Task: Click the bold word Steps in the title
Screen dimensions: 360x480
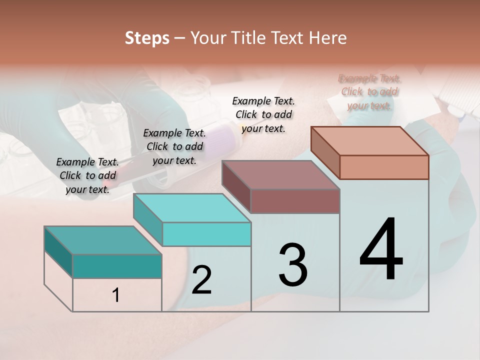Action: [x=147, y=38]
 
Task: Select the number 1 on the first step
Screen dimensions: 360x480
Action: [x=116, y=295]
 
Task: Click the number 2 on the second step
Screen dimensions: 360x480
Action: [x=201, y=280]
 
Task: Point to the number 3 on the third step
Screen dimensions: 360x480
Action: [x=293, y=264]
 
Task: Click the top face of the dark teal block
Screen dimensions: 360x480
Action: [x=102, y=240]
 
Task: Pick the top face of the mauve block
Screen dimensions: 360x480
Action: [x=280, y=175]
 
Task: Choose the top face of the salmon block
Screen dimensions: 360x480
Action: [x=369, y=141]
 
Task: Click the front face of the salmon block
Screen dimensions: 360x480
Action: [x=384, y=167]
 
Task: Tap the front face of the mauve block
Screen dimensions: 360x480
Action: [x=295, y=201]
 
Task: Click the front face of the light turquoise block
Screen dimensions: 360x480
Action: [x=206, y=234]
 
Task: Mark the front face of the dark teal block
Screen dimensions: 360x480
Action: [x=117, y=266]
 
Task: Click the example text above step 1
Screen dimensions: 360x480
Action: [x=87, y=175]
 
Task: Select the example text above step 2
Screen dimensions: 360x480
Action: [x=174, y=146]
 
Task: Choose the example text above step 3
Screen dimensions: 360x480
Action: [x=263, y=114]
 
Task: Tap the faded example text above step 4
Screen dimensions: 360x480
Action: [x=369, y=92]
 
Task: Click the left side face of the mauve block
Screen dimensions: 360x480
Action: [x=236, y=186]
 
